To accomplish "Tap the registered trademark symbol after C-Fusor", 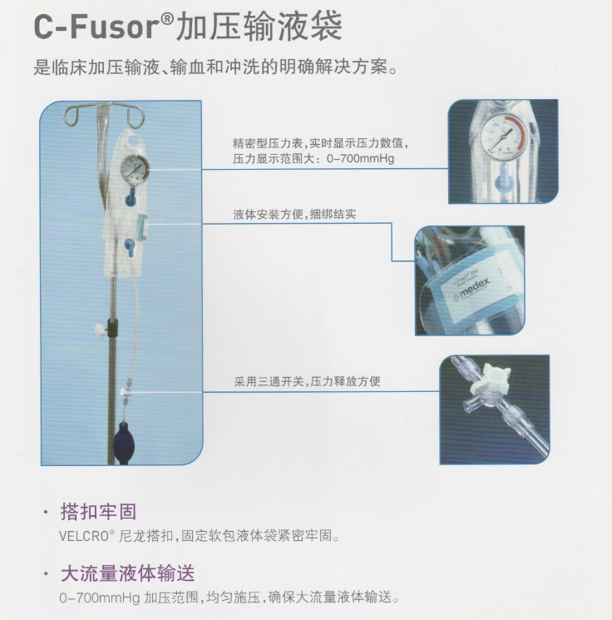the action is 168,17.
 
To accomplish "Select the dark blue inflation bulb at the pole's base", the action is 125,442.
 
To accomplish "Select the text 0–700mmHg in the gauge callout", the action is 360,159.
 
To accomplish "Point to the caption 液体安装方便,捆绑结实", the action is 294,215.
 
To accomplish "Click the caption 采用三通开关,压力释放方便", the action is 307,381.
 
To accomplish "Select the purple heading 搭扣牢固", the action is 98,512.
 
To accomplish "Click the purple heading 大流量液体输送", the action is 127,573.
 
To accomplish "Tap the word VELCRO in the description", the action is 84,537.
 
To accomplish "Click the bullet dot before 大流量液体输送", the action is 47,573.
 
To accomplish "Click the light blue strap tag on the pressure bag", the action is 142,226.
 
